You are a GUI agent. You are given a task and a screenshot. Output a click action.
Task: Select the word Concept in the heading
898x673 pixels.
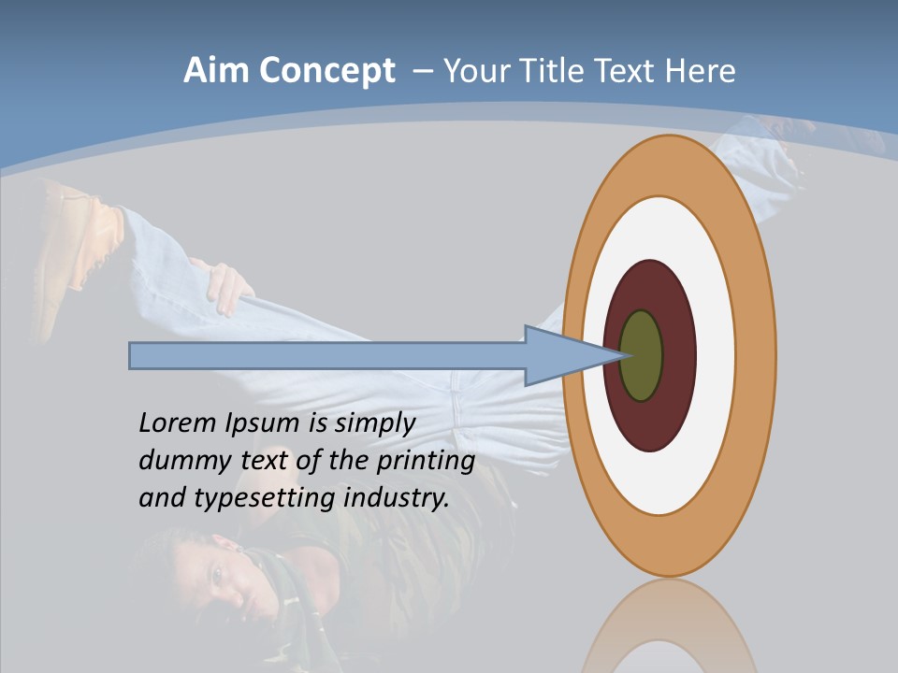[327, 71]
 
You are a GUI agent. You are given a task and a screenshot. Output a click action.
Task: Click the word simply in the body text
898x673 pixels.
[374, 423]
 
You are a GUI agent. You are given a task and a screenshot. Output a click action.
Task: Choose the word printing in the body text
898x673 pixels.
[425, 461]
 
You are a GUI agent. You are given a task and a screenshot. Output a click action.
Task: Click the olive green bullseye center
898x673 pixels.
[641, 356]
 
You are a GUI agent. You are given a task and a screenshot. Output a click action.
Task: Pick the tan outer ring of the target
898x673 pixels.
[754, 356]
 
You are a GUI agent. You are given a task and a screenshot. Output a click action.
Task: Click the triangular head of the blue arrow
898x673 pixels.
[561, 356]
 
